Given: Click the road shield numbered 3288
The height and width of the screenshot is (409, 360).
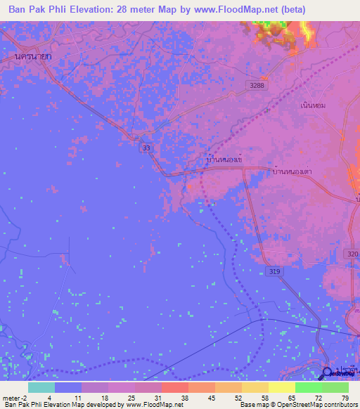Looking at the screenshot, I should pyautogui.click(x=258, y=86).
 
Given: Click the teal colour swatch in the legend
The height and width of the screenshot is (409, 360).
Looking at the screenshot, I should pyautogui.click(x=41, y=387).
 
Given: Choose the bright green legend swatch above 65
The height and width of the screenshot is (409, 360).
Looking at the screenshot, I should pyautogui.click(x=309, y=387).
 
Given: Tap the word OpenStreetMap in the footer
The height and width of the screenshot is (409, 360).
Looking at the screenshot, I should pyautogui.click(x=294, y=405).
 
